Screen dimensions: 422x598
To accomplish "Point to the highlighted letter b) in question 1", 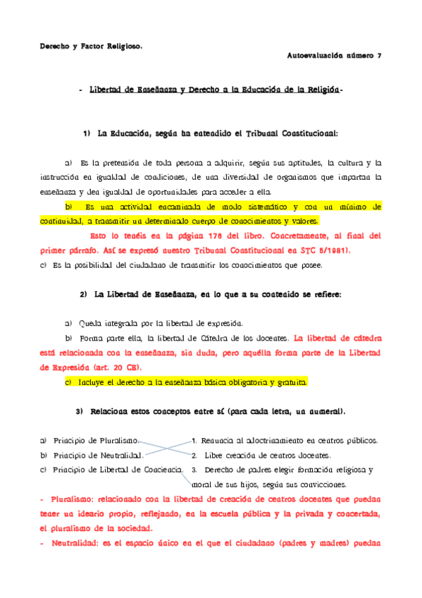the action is pos(69,207).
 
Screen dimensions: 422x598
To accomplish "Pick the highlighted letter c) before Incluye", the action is pos(68,382).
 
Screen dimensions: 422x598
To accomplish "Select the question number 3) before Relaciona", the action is pos(79,410).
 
